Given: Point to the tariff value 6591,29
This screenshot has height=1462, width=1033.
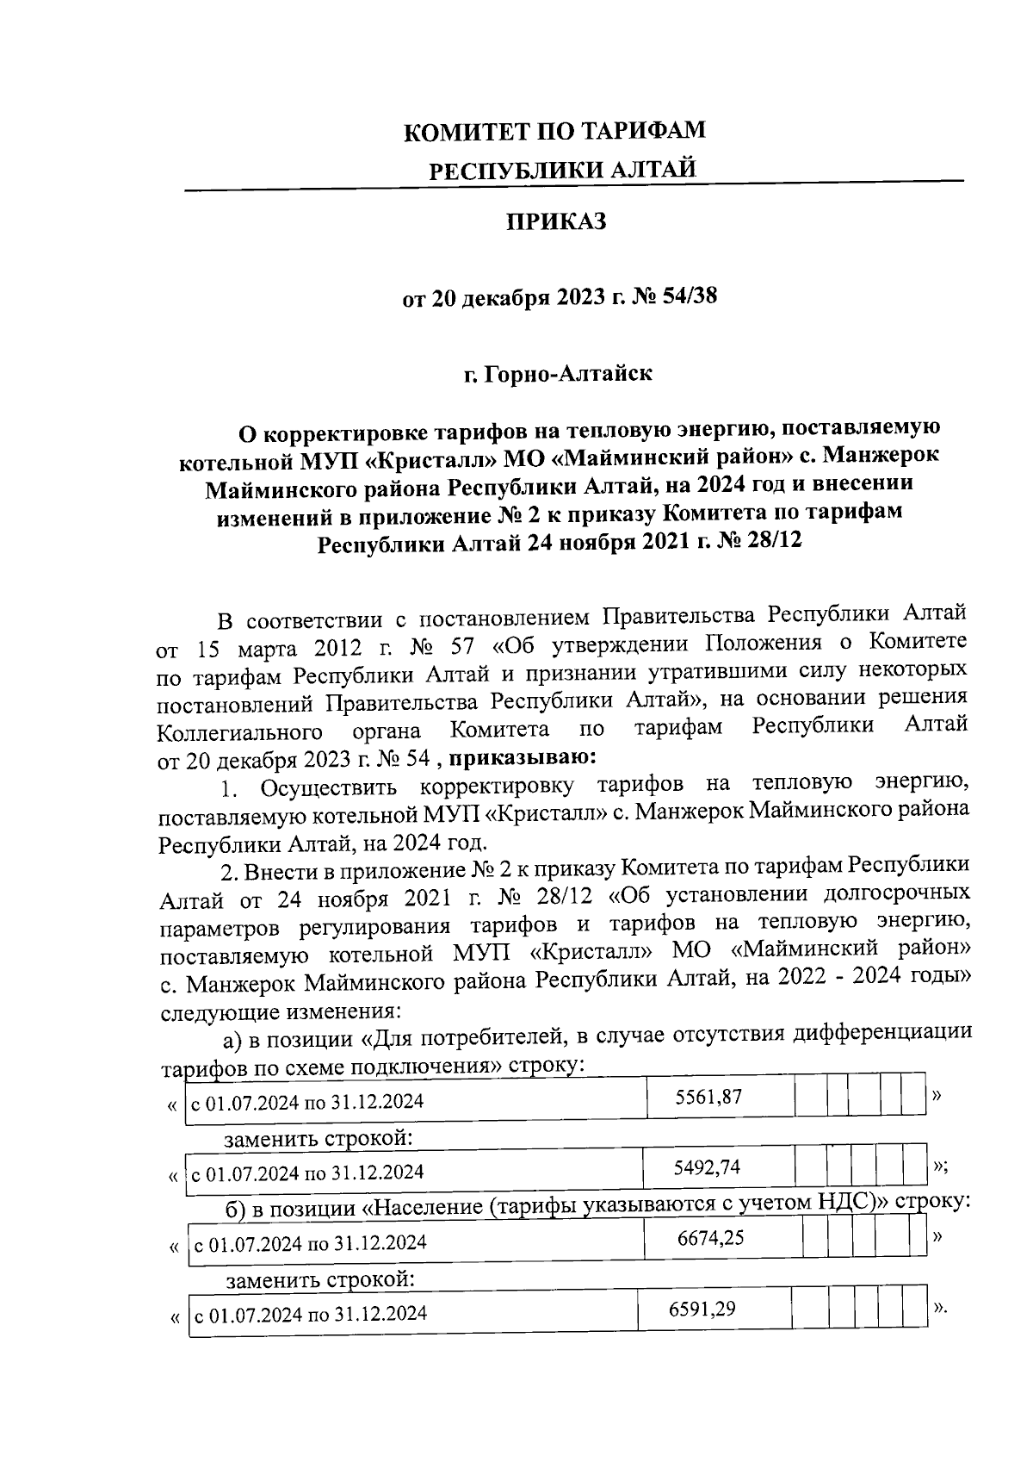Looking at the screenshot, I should [702, 1310].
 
